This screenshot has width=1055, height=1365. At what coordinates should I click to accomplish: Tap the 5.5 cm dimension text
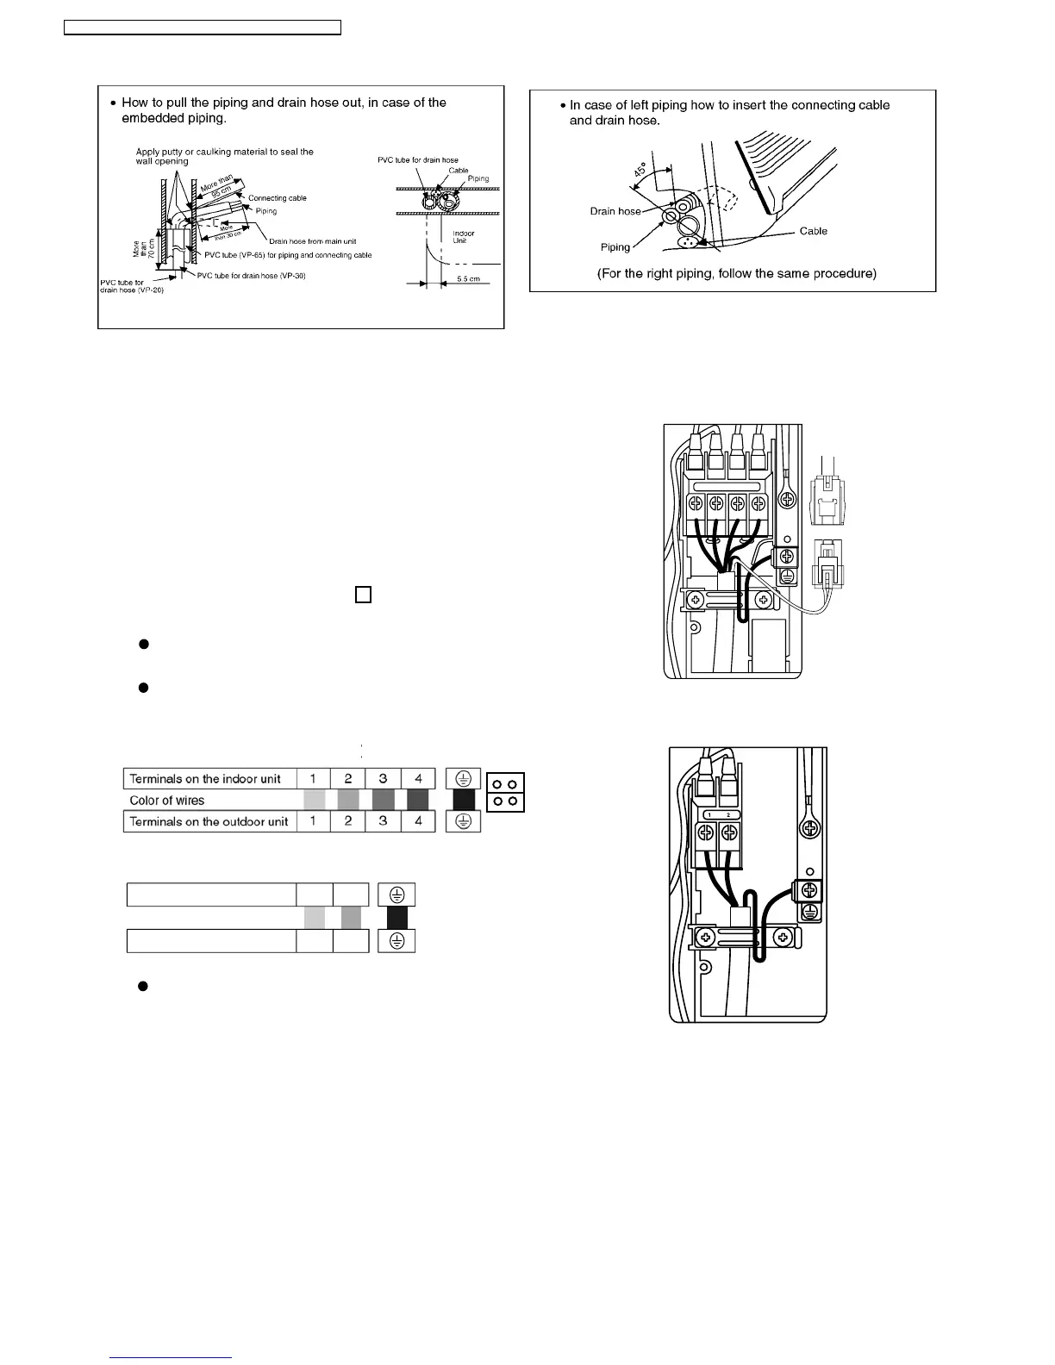(x=468, y=278)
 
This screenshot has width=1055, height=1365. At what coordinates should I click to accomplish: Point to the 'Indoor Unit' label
(x=463, y=236)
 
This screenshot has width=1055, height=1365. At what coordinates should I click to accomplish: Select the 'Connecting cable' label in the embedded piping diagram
(x=277, y=198)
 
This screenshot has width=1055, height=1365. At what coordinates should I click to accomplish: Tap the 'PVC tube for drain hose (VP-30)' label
(x=252, y=276)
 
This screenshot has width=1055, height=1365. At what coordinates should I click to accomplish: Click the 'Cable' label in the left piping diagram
(x=813, y=231)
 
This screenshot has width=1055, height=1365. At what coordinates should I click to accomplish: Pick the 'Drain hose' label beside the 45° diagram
(x=615, y=211)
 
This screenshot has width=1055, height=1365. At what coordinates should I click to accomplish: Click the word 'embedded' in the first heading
(x=152, y=119)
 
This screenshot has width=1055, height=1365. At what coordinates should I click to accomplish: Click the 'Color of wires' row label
(x=167, y=801)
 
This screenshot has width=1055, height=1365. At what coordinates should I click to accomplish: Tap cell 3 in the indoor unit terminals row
(x=383, y=779)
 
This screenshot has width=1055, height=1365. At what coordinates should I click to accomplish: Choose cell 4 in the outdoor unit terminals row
(x=418, y=821)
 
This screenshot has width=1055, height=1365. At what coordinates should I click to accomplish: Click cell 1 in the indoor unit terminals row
(x=313, y=779)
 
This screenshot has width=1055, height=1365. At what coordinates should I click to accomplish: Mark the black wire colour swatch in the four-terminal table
(x=464, y=801)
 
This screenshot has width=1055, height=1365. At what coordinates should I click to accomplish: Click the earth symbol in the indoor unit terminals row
(x=464, y=779)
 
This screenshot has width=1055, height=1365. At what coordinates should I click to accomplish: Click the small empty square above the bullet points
(x=363, y=595)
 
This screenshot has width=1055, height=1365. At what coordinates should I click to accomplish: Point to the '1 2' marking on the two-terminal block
(x=717, y=814)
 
